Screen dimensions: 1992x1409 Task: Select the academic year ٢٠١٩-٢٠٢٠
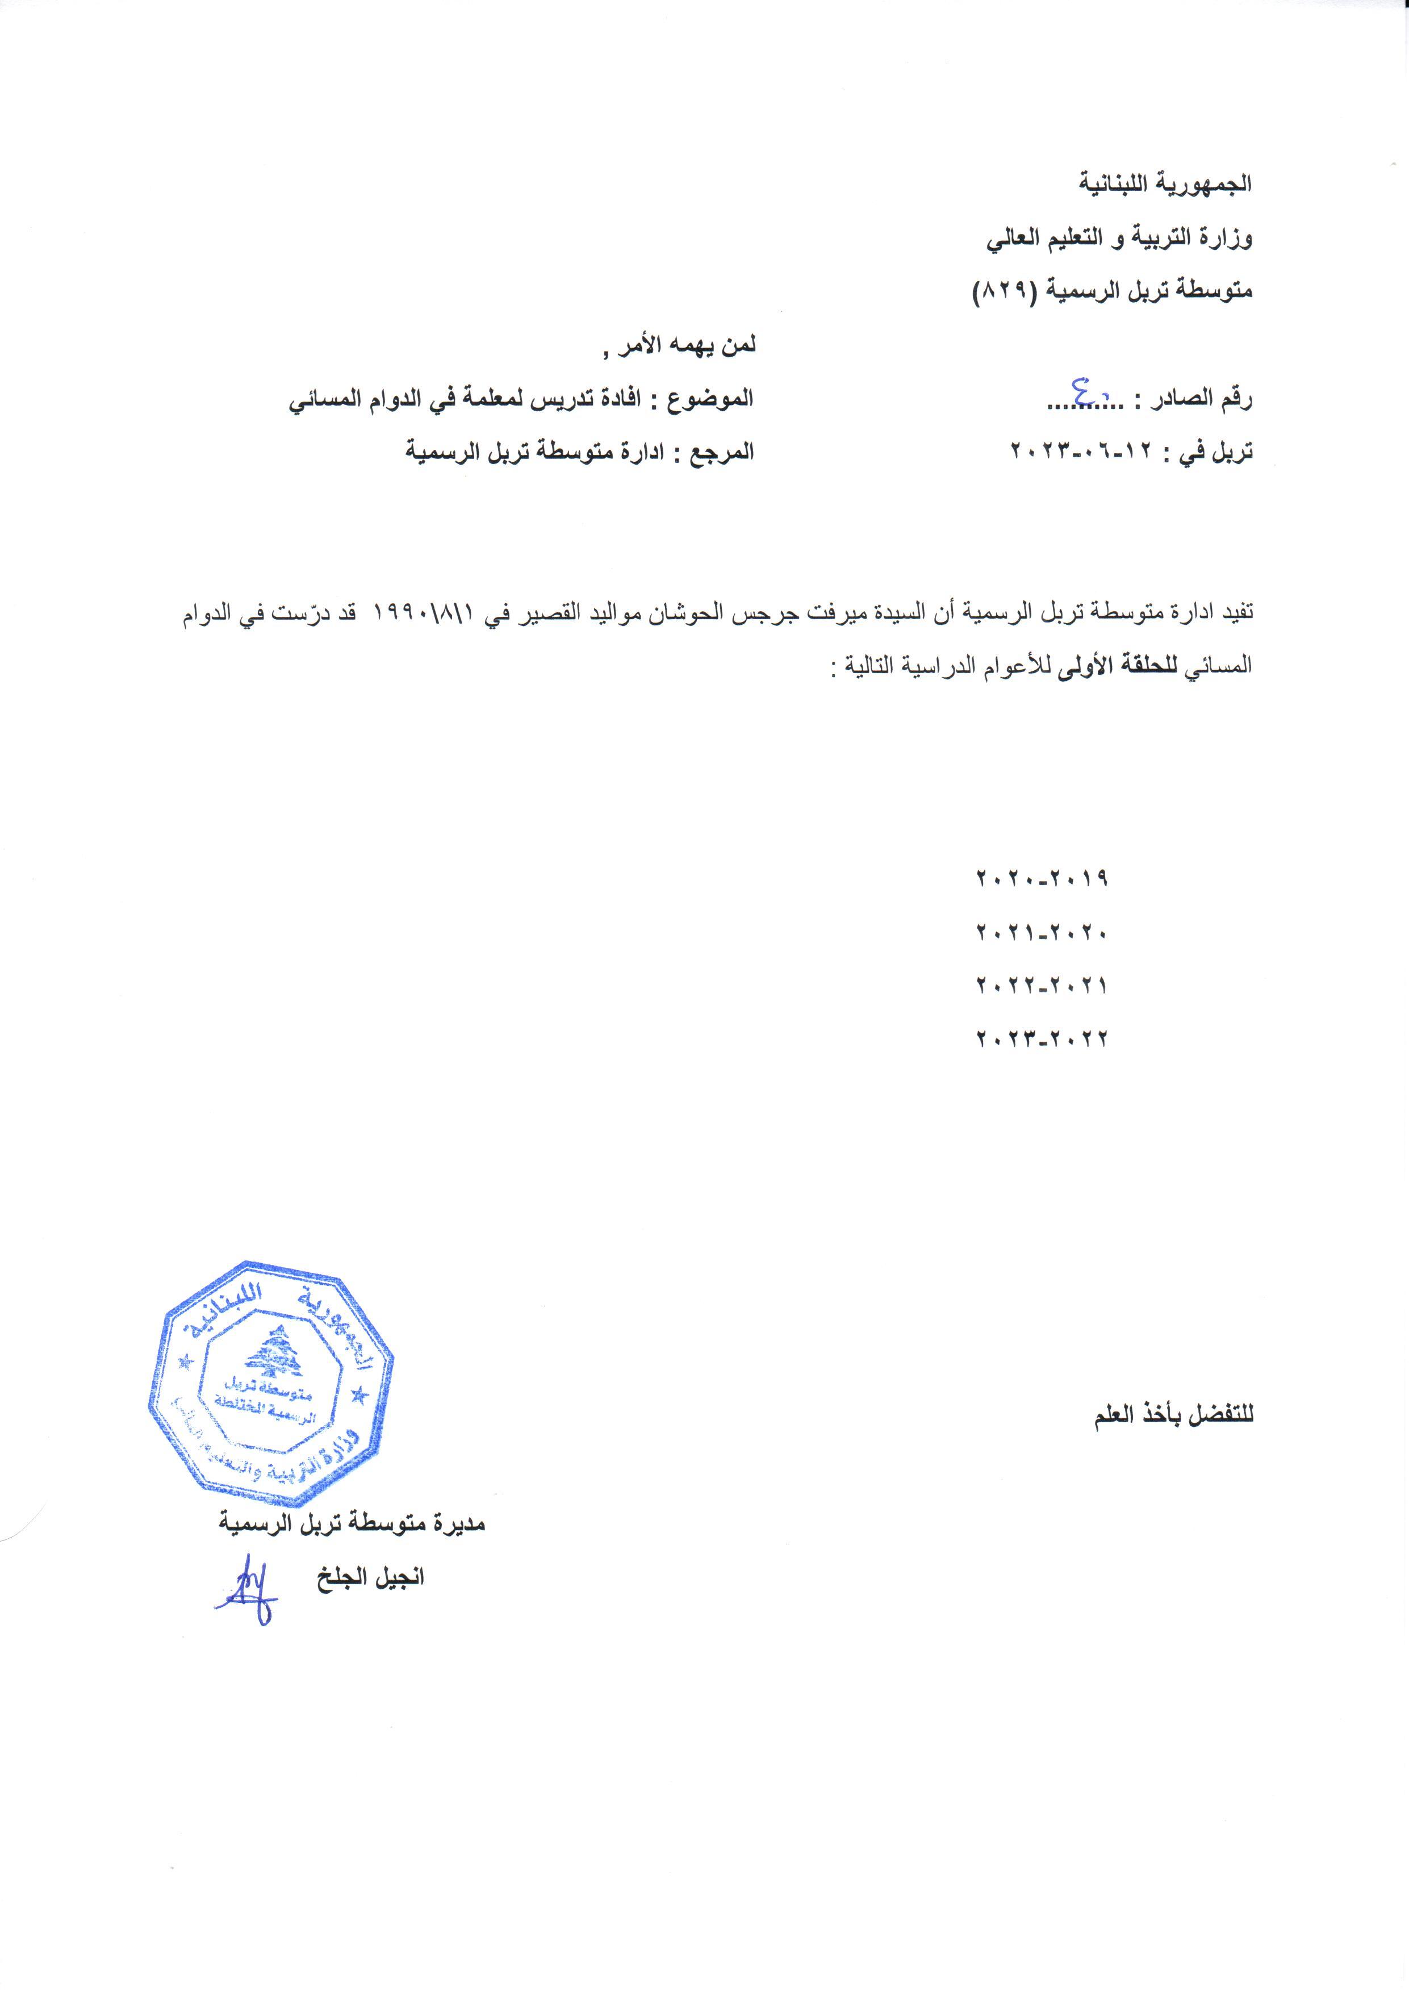1042,879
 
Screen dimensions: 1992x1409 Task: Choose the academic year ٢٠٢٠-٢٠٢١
1042,933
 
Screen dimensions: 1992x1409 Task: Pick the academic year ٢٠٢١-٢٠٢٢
1042,985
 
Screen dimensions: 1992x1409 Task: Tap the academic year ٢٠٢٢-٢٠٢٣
1042,1038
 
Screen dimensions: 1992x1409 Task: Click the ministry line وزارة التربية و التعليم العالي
1119,239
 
